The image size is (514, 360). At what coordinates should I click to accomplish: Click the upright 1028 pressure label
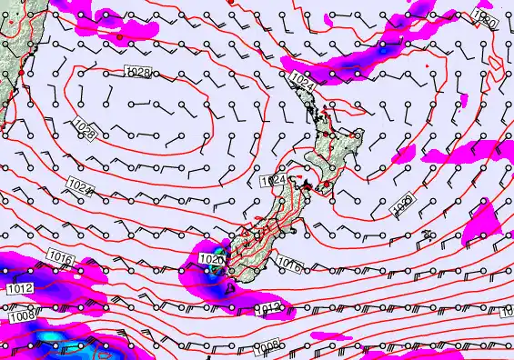click(x=136, y=71)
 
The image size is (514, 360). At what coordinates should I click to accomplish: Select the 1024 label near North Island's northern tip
click(x=304, y=82)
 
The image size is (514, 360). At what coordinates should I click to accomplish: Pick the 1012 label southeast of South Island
click(x=269, y=310)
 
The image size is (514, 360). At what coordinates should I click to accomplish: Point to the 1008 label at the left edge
click(x=20, y=317)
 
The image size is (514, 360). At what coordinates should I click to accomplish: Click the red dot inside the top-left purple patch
click(x=118, y=38)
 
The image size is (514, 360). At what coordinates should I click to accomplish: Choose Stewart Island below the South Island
click(x=229, y=290)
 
